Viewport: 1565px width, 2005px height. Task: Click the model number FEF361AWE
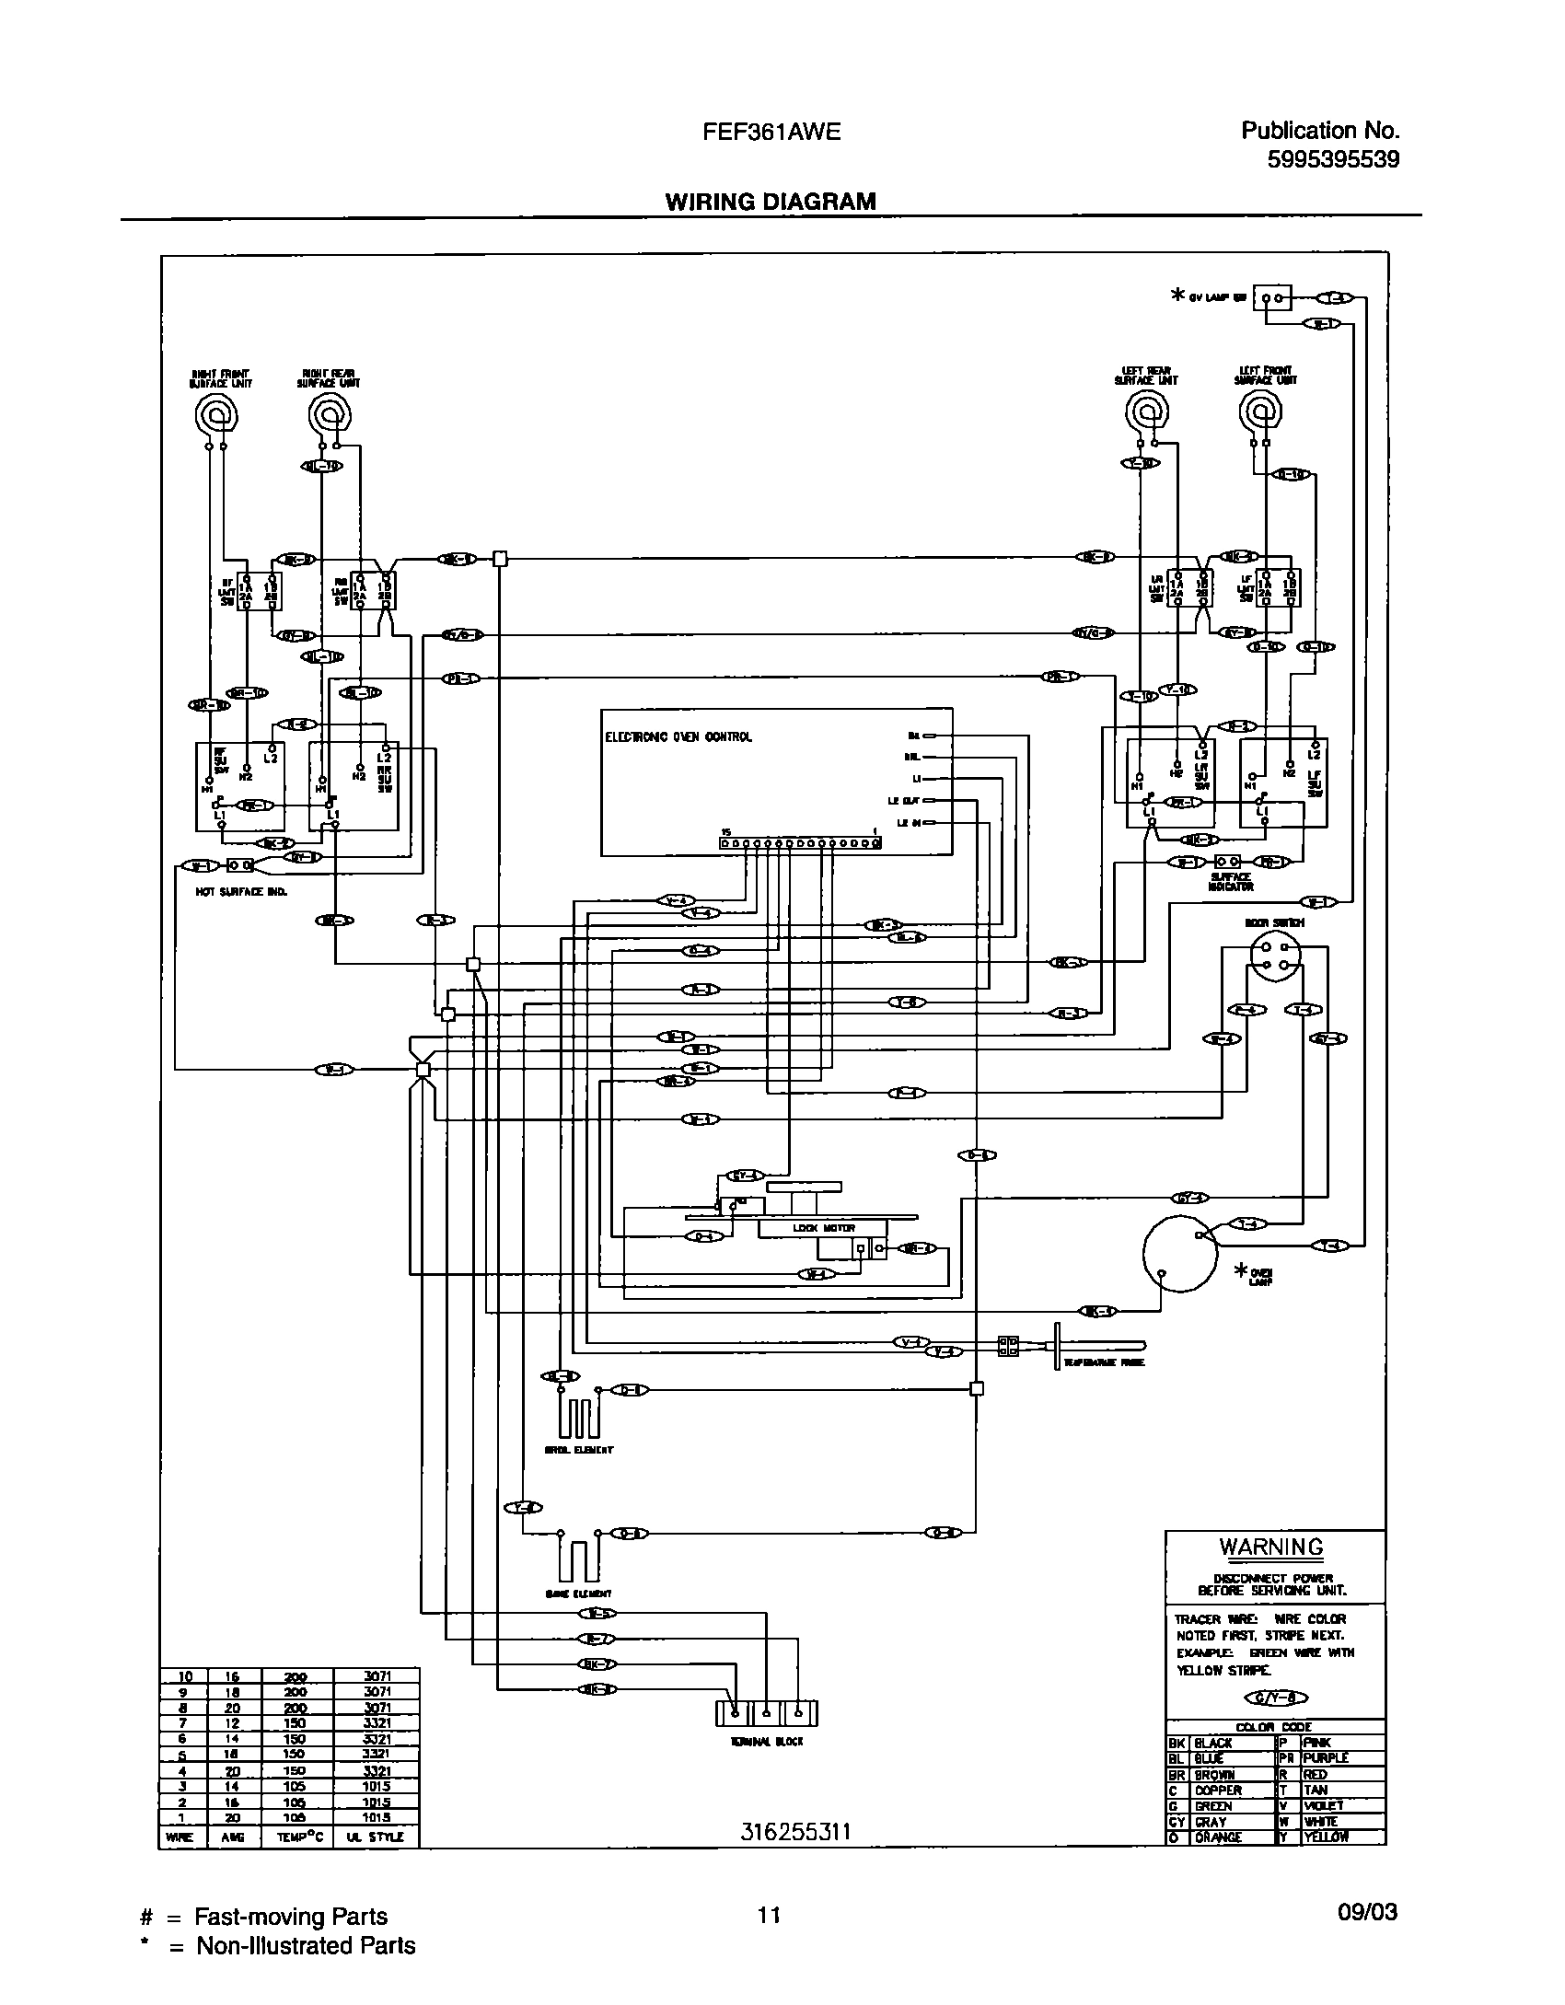[x=771, y=132]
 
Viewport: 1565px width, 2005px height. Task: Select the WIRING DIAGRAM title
[x=771, y=202]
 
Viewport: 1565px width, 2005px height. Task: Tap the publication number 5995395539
[x=1332, y=159]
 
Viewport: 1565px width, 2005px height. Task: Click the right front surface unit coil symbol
[x=217, y=418]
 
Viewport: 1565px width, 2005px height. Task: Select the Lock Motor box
[x=822, y=1228]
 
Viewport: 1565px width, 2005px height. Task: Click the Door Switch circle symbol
[x=1275, y=956]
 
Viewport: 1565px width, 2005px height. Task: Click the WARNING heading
[x=1271, y=1547]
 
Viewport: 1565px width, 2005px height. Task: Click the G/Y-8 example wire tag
[x=1275, y=1698]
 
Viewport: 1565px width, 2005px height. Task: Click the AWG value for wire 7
[x=232, y=1722]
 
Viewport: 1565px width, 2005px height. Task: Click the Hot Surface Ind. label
[x=229, y=891]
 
